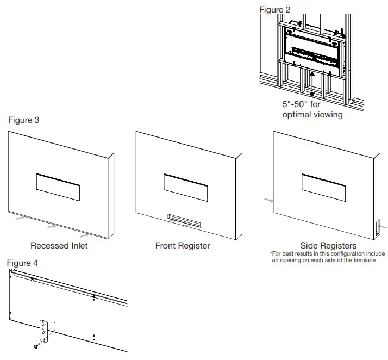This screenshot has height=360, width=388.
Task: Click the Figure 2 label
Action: pos(274,10)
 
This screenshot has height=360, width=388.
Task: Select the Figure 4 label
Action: pos(23,263)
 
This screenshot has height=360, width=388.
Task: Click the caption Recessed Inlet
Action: pos(59,246)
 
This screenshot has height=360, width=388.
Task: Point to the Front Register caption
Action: pos(183,246)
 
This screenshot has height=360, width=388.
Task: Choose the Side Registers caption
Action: pos(328,246)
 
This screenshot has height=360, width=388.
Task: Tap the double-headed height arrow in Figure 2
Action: pos(311,86)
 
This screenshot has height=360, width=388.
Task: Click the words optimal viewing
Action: pos(312,115)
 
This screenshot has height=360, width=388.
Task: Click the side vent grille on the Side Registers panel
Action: pos(374,228)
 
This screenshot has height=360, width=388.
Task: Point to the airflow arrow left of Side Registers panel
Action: pos(267,201)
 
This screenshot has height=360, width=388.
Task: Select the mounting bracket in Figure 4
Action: pos(43,331)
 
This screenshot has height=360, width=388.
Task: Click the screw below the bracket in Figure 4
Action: pos(36,346)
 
